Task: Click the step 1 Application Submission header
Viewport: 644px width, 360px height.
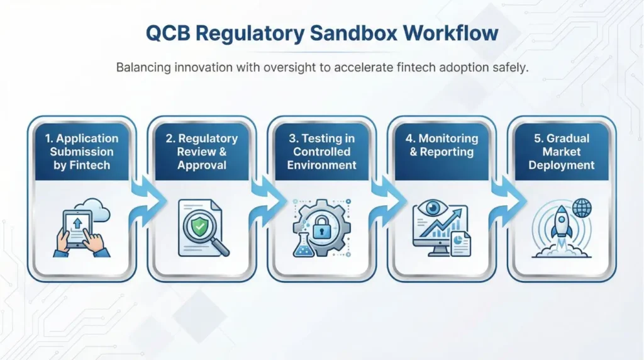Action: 81,152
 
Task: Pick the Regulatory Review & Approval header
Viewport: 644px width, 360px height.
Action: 202,152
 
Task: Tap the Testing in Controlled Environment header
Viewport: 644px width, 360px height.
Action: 322,152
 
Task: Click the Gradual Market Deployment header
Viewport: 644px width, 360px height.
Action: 562,152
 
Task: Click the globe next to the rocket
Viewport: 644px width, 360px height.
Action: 582,208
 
